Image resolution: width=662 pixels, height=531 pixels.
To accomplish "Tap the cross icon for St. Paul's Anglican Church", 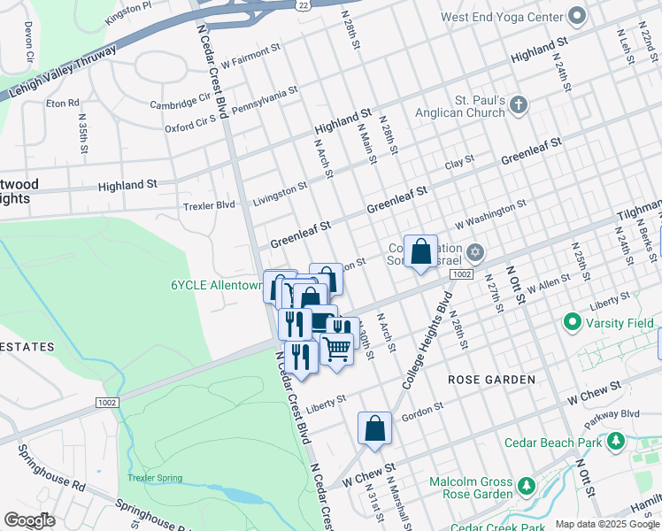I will [519, 106].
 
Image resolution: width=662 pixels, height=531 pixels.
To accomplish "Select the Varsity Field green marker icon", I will [572, 323].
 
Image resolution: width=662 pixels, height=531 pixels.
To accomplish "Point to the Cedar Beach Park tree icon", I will [614, 442].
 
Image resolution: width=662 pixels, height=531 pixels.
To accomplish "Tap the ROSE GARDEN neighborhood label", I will [491, 380].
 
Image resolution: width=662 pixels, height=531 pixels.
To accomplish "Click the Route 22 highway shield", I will [304, 5].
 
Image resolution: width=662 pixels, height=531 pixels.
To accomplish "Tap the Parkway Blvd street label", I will [617, 413].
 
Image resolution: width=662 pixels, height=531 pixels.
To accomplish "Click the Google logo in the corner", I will [29, 520].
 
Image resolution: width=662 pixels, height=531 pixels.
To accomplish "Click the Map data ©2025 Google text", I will [606, 524].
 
